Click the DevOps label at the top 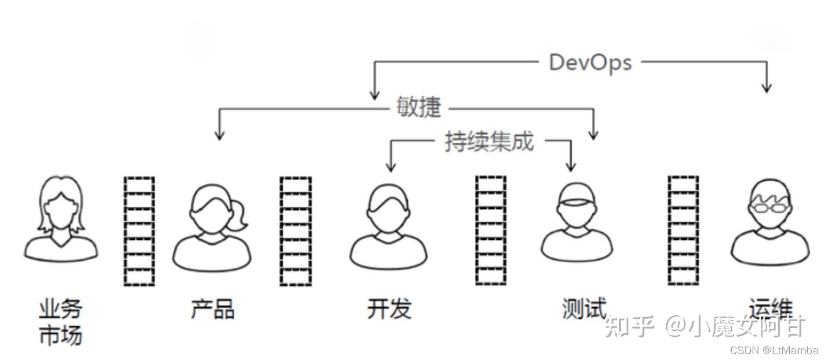coord(590,62)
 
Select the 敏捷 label coord(419,107)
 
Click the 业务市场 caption coord(60,322)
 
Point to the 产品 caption coord(213,309)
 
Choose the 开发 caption coord(389,309)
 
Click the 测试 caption coord(584,308)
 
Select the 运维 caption coord(770,308)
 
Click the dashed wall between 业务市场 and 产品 coord(139,231)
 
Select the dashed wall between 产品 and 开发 coord(296,231)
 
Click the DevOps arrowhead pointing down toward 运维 coord(767,88)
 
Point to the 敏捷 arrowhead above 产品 coord(219,135)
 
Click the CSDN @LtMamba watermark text coord(774,350)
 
